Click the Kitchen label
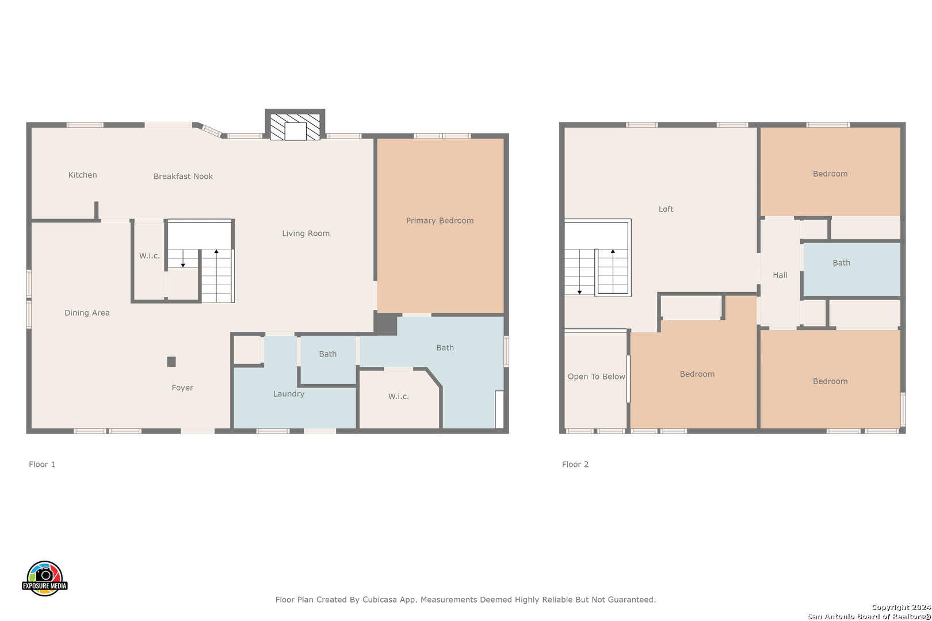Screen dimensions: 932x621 click(82, 175)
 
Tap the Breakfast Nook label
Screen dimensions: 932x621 click(183, 177)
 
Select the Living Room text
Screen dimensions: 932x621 click(306, 234)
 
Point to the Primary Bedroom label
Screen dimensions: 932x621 click(440, 221)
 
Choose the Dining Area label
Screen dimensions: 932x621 click(87, 313)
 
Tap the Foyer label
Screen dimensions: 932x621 click(182, 388)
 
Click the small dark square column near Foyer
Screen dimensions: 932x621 click(171, 362)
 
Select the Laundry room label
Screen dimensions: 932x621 click(289, 394)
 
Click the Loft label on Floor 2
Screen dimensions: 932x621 click(666, 209)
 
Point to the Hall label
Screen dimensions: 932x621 click(780, 275)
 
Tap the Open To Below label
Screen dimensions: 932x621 click(596, 377)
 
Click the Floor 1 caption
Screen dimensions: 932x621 click(42, 464)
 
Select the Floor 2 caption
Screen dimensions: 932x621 click(575, 464)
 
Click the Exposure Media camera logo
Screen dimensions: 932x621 click(44, 578)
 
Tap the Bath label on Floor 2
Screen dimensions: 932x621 click(841, 263)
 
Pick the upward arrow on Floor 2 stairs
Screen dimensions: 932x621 click(613, 271)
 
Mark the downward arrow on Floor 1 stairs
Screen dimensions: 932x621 click(183, 258)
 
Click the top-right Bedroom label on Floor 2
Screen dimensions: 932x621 click(830, 174)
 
